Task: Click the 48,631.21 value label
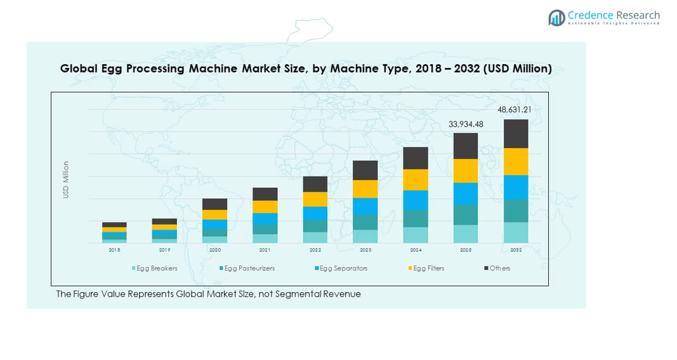pyautogui.click(x=514, y=110)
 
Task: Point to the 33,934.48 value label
pyautogui.click(x=466, y=124)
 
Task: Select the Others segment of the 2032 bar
pyautogui.click(x=516, y=133)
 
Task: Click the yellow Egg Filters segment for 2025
pyautogui.click(x=466, y=171)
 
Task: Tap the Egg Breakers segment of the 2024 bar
pyautogui.click(x=416, y=235)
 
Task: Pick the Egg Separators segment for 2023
pyautogui.click(x=365, y=206)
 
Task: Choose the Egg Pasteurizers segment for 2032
pyautogui.click(x=516, y=211)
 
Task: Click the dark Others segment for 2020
pyautogui.click(x=214, y=204)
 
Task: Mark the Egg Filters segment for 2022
pyautogui.click(x=315, y=199)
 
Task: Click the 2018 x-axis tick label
pyautogui.click(x=114, y=250)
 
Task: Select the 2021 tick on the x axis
pyautogui.click(x=265, y=250)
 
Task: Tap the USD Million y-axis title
pyautogui.click(x=65, y=180)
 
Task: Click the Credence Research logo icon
pyautogui.click(x=556, y=18)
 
